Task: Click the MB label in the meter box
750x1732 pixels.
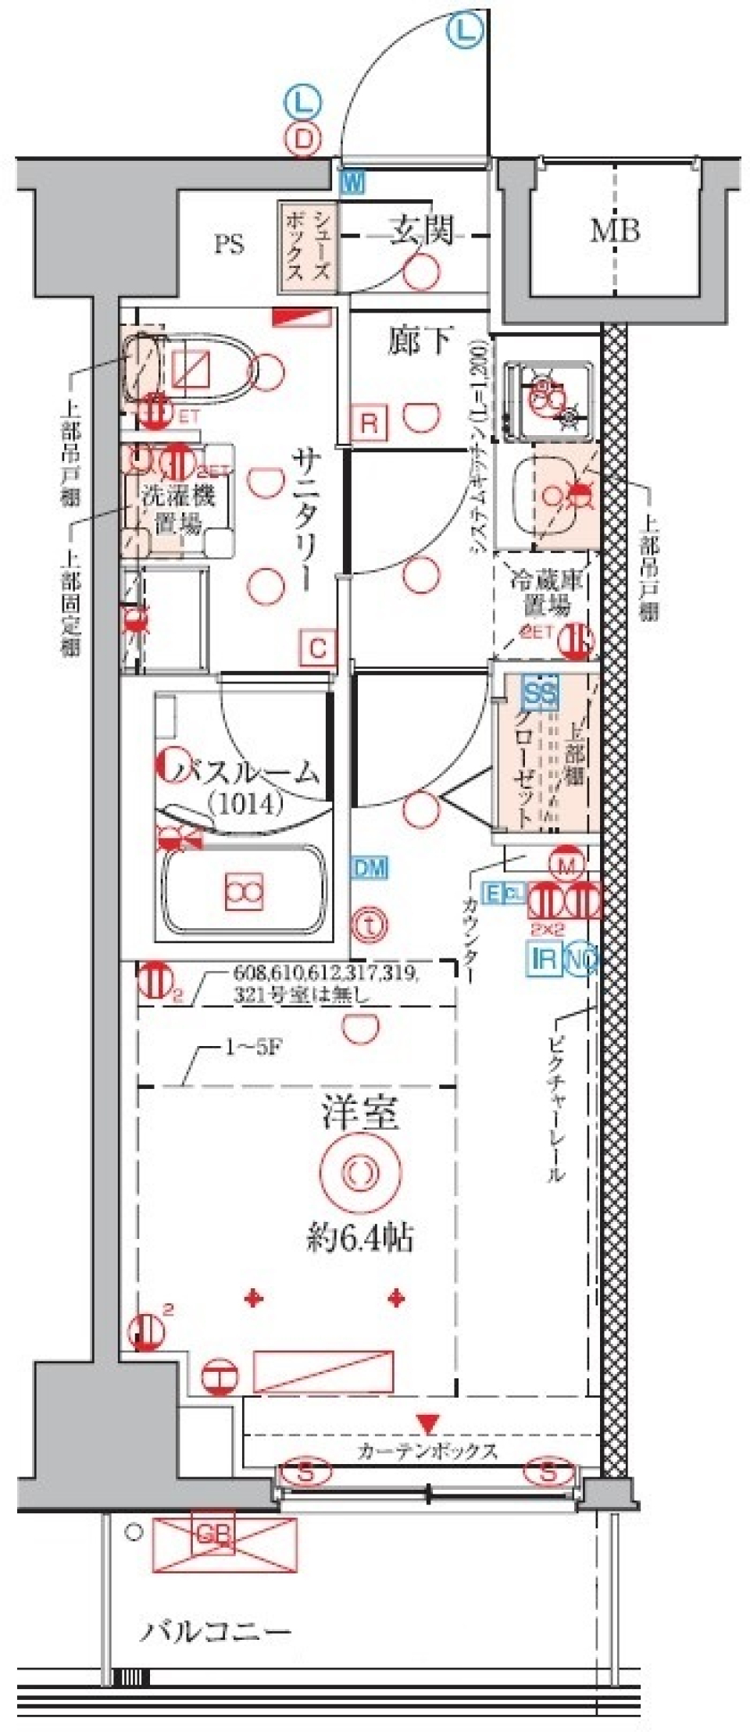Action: tap(615, 230)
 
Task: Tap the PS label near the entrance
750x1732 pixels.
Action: tap(230, 245)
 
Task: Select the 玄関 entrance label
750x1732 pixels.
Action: tap(423, 230)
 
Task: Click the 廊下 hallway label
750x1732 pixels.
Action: tap(420, 341)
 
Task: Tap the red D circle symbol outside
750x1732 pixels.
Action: tap(304, 139)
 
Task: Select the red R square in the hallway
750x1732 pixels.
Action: tap(369, 423)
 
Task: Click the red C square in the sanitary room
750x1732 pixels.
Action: tap(317, 648)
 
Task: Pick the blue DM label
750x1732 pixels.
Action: tap(369, 867)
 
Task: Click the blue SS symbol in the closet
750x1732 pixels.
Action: tap(541, 693)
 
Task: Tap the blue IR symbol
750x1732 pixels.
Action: tap(545, 958)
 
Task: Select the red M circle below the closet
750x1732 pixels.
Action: tap(566, 864)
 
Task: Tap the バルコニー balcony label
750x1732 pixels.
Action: tap(216, 1632)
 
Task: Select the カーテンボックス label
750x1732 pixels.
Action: tap(427, 1452)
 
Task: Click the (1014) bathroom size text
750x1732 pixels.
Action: tap(245, 802)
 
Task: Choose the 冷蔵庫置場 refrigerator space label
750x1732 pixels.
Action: tap(548, 592)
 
